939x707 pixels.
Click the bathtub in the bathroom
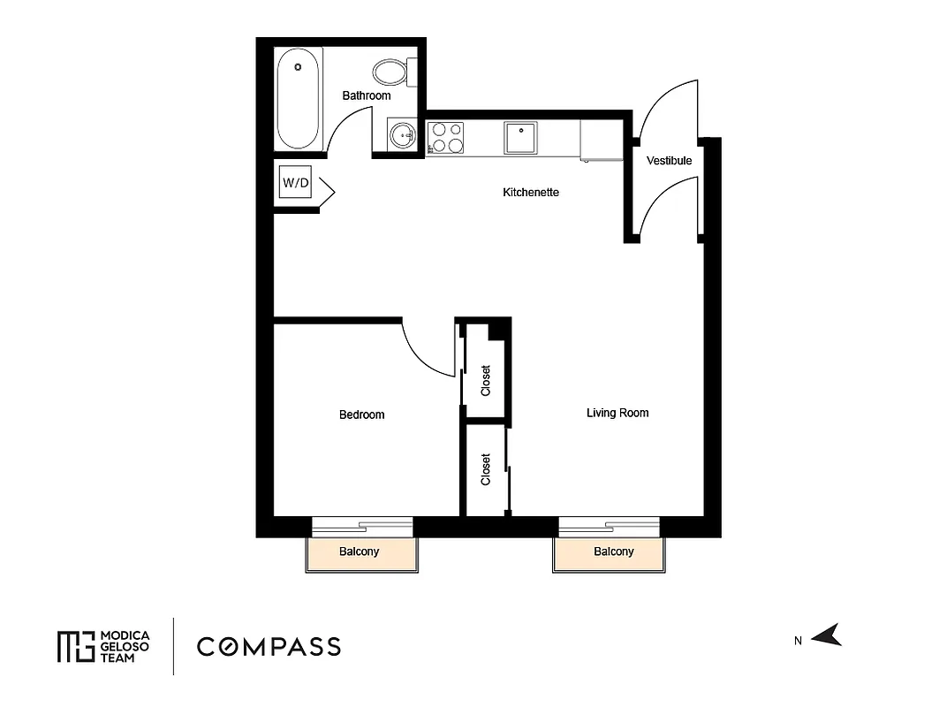[x=298, y=98]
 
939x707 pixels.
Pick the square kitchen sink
[x=520, y=138]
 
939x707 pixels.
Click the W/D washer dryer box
[x=296, y=183]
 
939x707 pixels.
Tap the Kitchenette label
[x=531, y=193]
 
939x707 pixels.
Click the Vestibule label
[x=669, y=161]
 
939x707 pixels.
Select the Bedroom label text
[x=362, y=414]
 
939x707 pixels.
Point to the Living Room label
[x=617, y=413]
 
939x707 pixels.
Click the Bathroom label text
[x=367, y=95]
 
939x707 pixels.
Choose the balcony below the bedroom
[x=360, y=552]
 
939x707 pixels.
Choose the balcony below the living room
[x=613, y=552]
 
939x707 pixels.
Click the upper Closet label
[x=485, y=380]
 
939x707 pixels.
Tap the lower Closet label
[x=485, y=469]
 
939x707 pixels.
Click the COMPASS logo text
[x=269, y=646]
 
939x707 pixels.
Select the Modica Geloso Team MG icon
[x=75, y=646]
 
